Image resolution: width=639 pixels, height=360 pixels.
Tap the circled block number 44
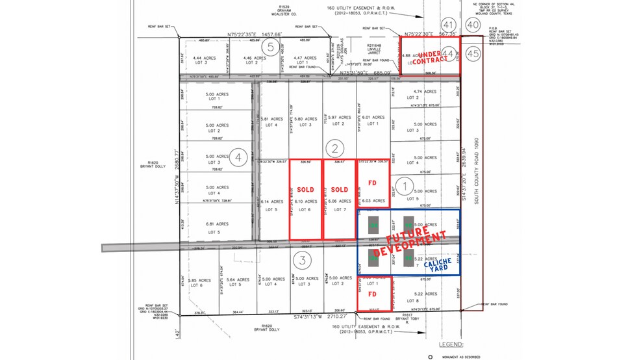point(448,55)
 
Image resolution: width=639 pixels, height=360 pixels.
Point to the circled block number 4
point(239,157)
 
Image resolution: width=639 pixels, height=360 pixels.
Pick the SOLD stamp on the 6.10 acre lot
point(306,190)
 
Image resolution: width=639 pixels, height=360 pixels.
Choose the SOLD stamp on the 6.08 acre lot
point(340,190)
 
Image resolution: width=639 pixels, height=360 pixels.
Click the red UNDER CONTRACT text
point(432,57)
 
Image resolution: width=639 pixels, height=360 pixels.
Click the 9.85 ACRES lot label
point(197,282)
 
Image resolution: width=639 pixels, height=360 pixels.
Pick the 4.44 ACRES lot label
point(203,59)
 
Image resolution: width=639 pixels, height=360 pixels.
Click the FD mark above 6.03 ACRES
point(373,183)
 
